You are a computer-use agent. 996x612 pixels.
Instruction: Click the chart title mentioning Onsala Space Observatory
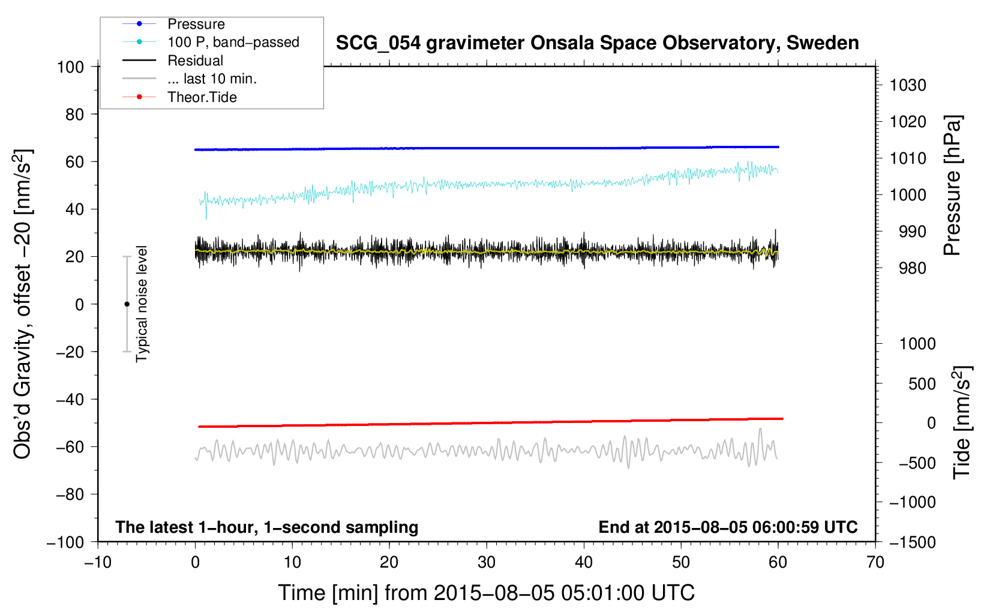[x=597, y=43]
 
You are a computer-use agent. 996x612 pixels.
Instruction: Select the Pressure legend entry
[x=196, y=24]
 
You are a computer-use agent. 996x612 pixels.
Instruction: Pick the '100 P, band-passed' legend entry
[x=233, y=42]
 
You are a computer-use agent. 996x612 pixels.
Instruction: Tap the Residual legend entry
[x=195, y=61]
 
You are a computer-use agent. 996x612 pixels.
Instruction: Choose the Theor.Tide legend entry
[x=202, y=97]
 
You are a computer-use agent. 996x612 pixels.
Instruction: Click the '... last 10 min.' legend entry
[x=212, y=79]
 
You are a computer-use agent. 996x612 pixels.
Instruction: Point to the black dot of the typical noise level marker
[x=127, y=304]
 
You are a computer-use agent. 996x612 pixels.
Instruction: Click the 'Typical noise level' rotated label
[x=142, y=304]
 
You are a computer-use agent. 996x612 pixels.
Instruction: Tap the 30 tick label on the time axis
[x=487, y=562]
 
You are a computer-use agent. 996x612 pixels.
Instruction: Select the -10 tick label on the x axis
[x=97, y=562]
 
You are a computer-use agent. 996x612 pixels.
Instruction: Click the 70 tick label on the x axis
[x=875, y=562]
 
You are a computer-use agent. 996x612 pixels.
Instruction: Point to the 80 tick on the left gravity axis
[x=74, y=114]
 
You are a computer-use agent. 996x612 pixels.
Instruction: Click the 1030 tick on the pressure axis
[x=908, y=85]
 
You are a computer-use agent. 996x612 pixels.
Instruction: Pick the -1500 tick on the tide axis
[x=912, y=542]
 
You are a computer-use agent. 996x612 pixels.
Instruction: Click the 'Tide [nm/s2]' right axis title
[x=962, y=422]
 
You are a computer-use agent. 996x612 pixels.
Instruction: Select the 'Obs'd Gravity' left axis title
[x=23, y=304]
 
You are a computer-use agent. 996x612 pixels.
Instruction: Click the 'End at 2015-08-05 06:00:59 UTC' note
[x=728, y=527]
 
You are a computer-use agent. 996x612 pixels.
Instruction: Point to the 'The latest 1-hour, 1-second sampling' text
[x=266, y=527]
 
